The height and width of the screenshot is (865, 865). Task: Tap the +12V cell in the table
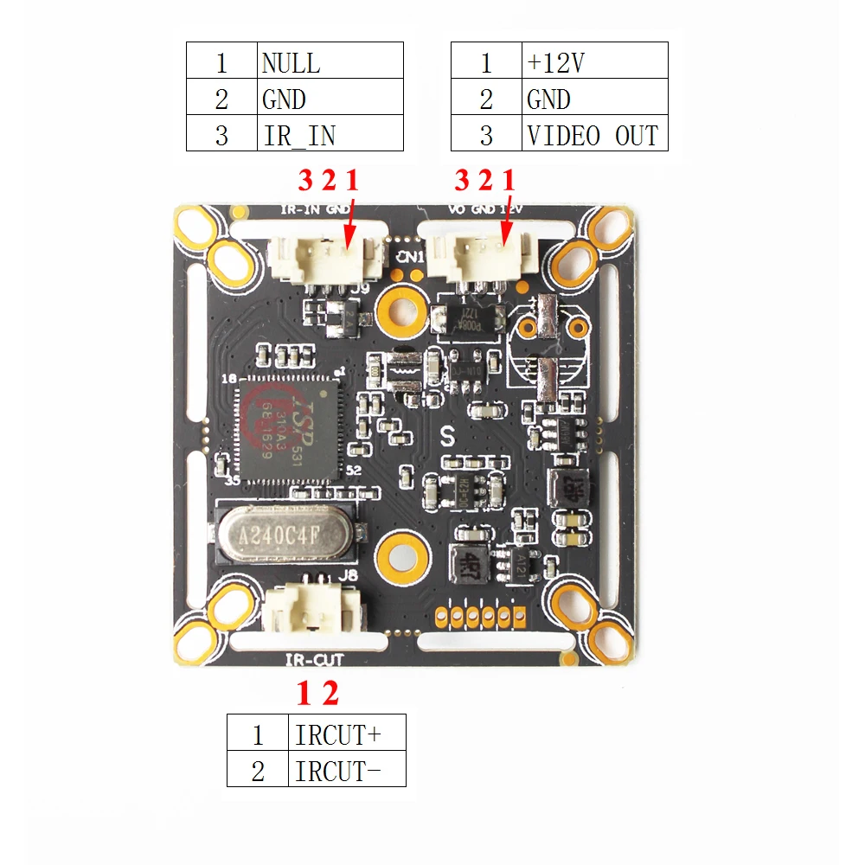pyautogui.click(x=596, y=62)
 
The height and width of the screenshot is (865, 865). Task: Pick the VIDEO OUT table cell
pyautogui.click(x=596, y=135)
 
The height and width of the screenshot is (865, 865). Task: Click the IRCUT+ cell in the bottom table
pyautogui.click(x=346, y=734)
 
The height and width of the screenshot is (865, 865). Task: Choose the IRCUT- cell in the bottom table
pyautogui.click(x=346, y=770)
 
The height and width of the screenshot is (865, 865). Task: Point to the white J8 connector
pyautogui.click(x=311, y=612)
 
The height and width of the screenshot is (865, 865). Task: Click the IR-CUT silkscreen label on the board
pyautogui.click(x=314, y=660)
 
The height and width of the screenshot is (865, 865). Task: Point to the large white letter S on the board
pyautogui.click(x=448, y=436)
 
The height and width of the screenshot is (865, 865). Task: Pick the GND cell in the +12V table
pyautogui.click(x=596, y=99)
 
